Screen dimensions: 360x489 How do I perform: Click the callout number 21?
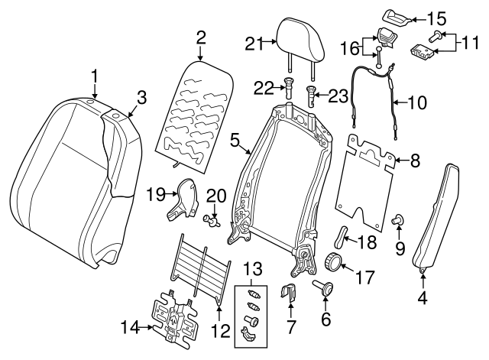pos(254,44)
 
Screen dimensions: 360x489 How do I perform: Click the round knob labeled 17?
pos(333,262)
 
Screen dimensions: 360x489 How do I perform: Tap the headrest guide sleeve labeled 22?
pos(290,86)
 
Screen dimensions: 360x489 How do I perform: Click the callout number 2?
pos(201,36)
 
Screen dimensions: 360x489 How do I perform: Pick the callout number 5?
pos(235,139)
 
